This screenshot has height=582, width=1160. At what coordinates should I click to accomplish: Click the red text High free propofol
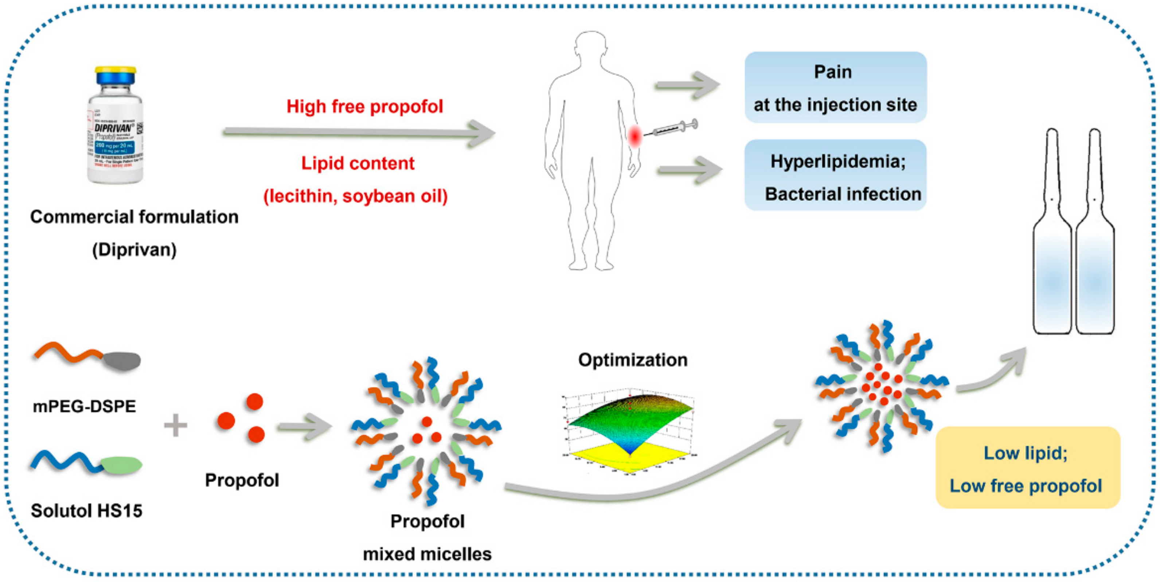click(365, 107)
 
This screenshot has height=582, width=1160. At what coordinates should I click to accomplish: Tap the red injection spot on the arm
click(634, 136)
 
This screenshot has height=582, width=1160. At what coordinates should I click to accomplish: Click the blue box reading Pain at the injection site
click(835, 88)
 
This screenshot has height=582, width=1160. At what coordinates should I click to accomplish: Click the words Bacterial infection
click(843, 194)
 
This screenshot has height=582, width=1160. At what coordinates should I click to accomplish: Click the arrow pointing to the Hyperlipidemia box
click(690, 170)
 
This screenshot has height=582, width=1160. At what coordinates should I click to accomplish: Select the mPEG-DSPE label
click(84, 406)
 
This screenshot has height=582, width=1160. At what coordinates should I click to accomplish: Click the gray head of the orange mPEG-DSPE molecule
click(122, 361)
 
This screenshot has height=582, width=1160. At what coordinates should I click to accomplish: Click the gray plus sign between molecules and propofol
click(176, 425)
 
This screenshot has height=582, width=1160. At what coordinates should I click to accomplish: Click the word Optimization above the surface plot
click(633, 360)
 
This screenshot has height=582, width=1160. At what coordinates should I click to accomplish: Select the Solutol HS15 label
click(86, 511)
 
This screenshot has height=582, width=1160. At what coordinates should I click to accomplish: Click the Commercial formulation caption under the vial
click(134, 217)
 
